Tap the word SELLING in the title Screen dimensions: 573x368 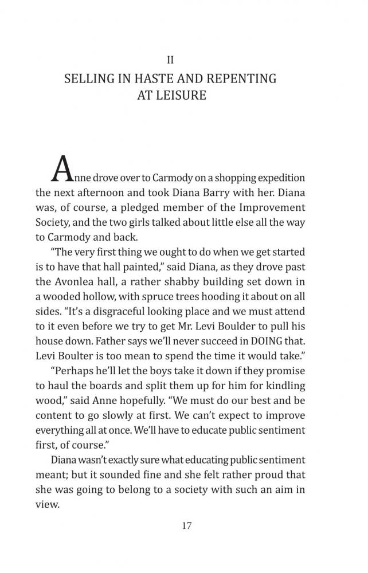click(89, 78)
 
